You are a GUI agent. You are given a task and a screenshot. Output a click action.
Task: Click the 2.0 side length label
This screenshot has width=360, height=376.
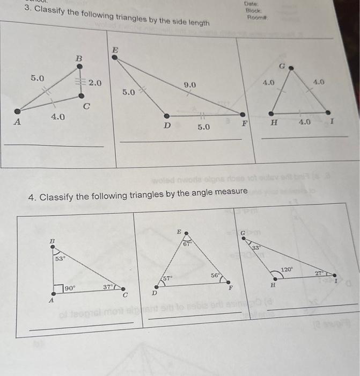[x=95, y=83]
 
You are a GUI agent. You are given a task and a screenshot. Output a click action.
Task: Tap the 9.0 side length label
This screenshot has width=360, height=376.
[x=190, y=85]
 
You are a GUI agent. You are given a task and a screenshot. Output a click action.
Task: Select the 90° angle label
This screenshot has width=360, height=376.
[x=70, y=288]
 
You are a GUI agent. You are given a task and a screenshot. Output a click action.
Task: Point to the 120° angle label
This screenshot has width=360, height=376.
[x=288, y=269]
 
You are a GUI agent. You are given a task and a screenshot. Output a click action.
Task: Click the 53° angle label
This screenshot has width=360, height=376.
[x=61, y=259]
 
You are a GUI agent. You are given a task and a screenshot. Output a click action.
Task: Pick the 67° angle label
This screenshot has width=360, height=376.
[x=186, y=244]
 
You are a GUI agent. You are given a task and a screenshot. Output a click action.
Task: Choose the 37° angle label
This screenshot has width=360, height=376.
[x=108, y=288]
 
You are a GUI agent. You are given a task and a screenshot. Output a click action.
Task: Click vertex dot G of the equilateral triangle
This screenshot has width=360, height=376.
[x=291, y=69]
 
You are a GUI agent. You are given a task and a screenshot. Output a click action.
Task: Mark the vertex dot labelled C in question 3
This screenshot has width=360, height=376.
[x=81, y=96]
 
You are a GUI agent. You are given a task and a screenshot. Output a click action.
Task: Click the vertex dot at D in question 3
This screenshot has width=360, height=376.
[x=167, y=115]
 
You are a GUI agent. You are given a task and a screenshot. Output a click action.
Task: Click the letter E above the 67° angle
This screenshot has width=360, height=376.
[x=180, y=230]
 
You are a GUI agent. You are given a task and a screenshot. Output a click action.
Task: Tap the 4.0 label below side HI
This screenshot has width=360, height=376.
[x=305, y=122]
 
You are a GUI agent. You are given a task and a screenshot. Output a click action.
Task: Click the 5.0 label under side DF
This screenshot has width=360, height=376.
[x=204, y=127]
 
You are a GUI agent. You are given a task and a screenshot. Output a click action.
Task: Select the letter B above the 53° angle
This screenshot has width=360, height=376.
[x=53, y=242]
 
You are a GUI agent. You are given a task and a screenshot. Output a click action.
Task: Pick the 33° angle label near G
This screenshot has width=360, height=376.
[x=256, y=248]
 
